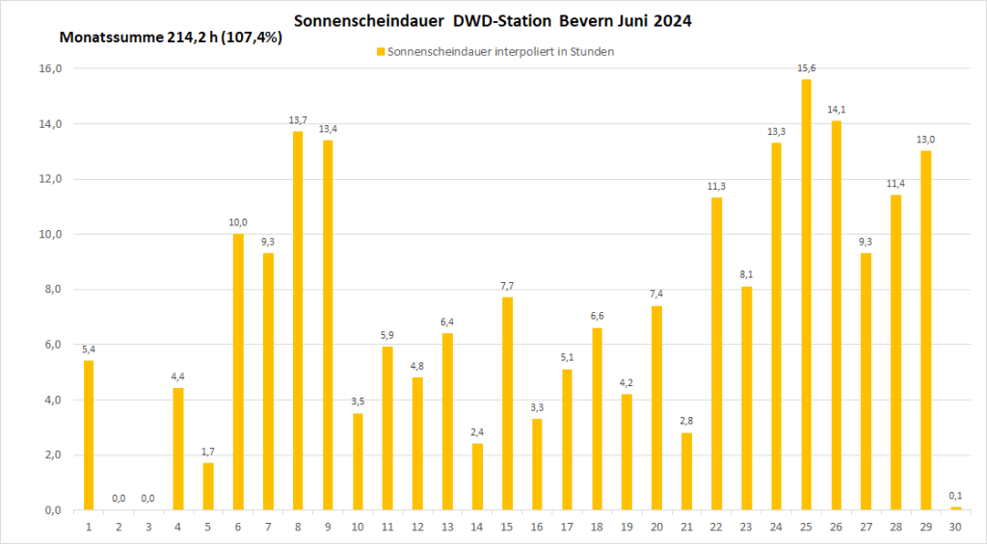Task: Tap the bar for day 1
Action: [x=89, y=434]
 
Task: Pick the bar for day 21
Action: [x=686, y=471]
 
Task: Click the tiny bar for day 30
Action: [x=955, y=508]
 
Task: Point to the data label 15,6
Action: [x=806, y=67]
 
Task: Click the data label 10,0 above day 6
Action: [x=238, y=222]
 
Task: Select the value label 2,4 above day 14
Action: [x=477, y=431]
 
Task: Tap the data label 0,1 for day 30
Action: [x=955, y=496]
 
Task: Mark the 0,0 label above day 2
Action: [x=119, y=498]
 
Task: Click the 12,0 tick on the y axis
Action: [x=49, y=179]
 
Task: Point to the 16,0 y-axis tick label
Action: [x=49, y=69]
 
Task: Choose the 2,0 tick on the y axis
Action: [x=49, y=454]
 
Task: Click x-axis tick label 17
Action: [x=567, y=527]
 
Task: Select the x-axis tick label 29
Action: [x=925, y=527]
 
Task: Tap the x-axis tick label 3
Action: [x=148, y=527]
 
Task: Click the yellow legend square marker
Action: [x=380, y=51]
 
